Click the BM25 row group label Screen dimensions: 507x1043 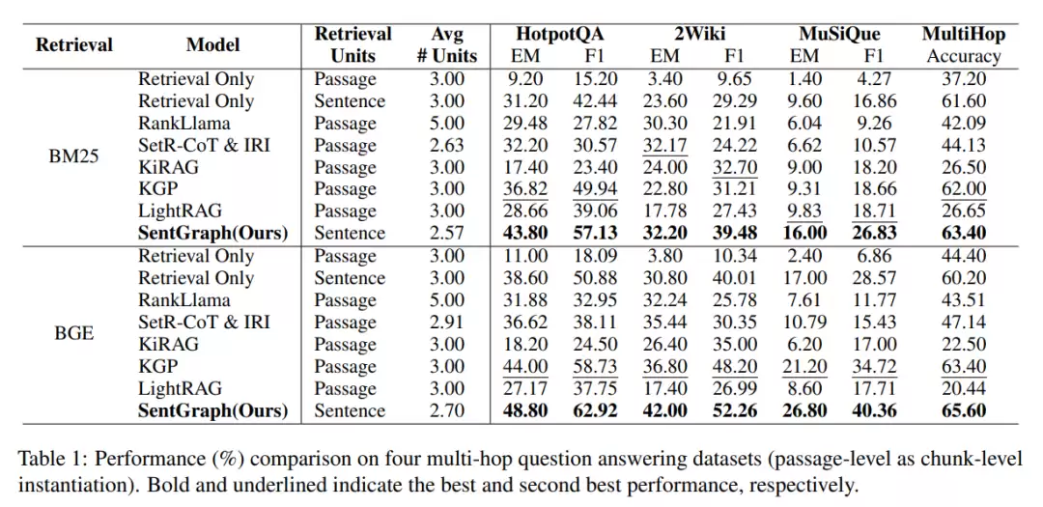click(74, 156)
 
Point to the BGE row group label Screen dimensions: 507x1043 click(74, 333)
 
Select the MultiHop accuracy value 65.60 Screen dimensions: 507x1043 click(964, 410)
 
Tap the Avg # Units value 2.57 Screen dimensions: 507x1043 click(446, 234)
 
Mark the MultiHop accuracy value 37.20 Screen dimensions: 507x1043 click(964, 79)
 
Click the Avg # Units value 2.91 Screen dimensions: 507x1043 click(446, 323)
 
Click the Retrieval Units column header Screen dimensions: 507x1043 click(353, 44)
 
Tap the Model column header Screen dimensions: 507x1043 click(213, 44)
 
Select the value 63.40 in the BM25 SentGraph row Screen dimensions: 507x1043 click(964, 234)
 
